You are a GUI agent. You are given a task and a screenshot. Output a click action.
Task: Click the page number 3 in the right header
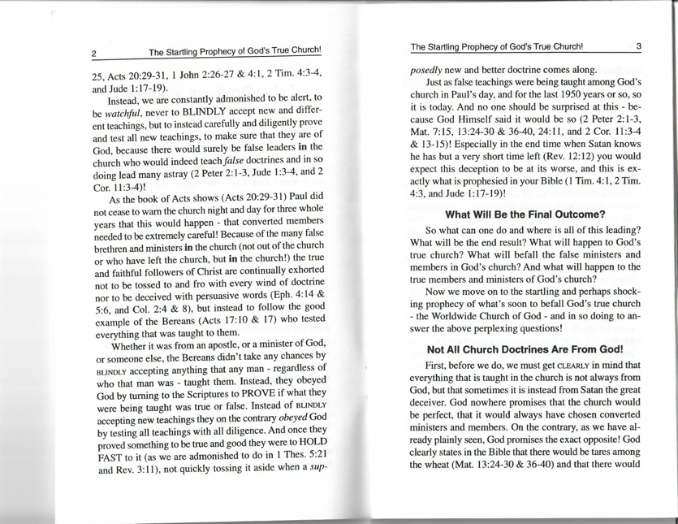coord(639,46)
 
